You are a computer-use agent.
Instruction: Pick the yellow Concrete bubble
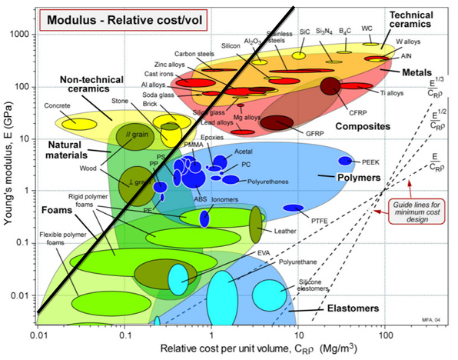coord(79,122)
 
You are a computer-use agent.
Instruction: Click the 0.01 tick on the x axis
coord(38,336)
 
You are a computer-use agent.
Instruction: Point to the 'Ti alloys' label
coord(391,94)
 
